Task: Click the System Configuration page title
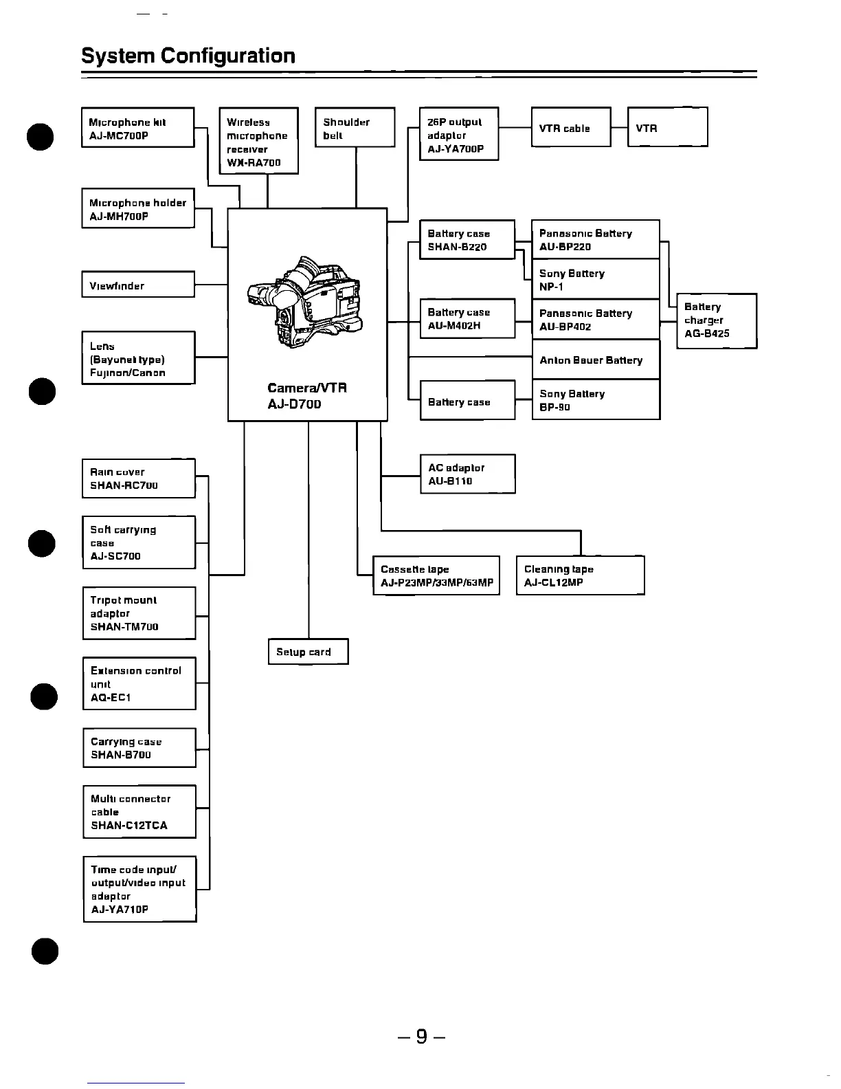click(188, 56)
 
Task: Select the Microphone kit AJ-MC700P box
click(137, 128)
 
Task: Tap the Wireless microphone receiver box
click(258, 141)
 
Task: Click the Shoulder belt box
click(355, 128)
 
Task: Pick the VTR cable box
click(570, 128)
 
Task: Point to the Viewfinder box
click(137, 285)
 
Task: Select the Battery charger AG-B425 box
click(716, 320)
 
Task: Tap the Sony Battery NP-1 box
click(595, 279)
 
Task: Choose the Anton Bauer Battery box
click(595, 360)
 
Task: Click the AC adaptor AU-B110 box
click(467, 474)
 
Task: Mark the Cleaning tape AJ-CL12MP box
click(580, 575)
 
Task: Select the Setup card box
click(308, 652)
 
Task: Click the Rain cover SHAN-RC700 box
click(138, 478)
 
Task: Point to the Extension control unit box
click(139, 684)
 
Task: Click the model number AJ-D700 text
click(294, 404)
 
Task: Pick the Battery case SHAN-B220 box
click(467, 240)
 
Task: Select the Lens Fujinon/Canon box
click(138, 358)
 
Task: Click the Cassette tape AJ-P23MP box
click(436, 575)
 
